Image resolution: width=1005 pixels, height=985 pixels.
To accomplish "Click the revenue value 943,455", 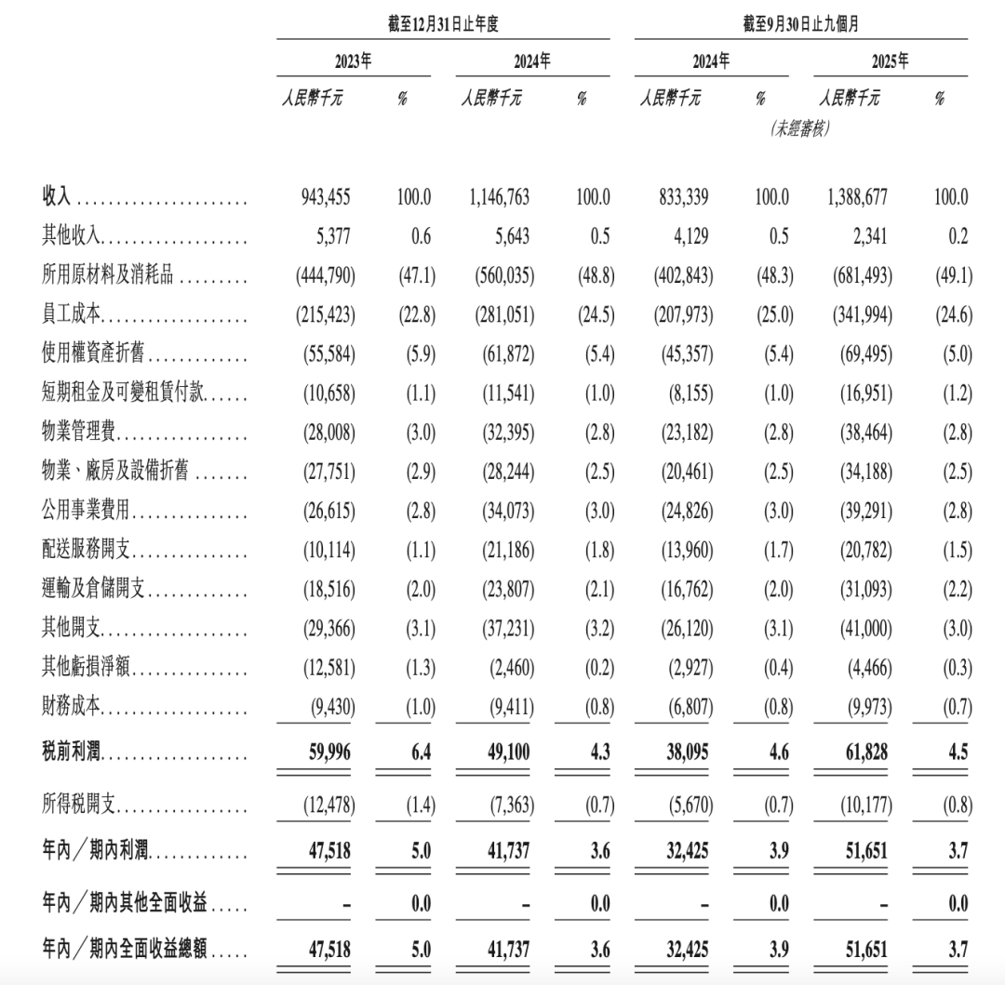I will tap(325, 197).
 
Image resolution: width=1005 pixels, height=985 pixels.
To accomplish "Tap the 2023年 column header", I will tap(353, 61).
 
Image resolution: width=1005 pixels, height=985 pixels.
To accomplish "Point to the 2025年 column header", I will tap(890, 61).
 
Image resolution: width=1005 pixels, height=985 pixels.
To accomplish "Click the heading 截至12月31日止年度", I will tap(443, 25).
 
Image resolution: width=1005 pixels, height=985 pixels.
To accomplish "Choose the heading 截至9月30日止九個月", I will tap(801, 25).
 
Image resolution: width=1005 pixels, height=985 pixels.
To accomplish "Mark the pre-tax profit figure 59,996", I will tap(329, 750).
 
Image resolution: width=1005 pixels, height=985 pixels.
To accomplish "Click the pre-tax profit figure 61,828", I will tap(864, 750).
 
